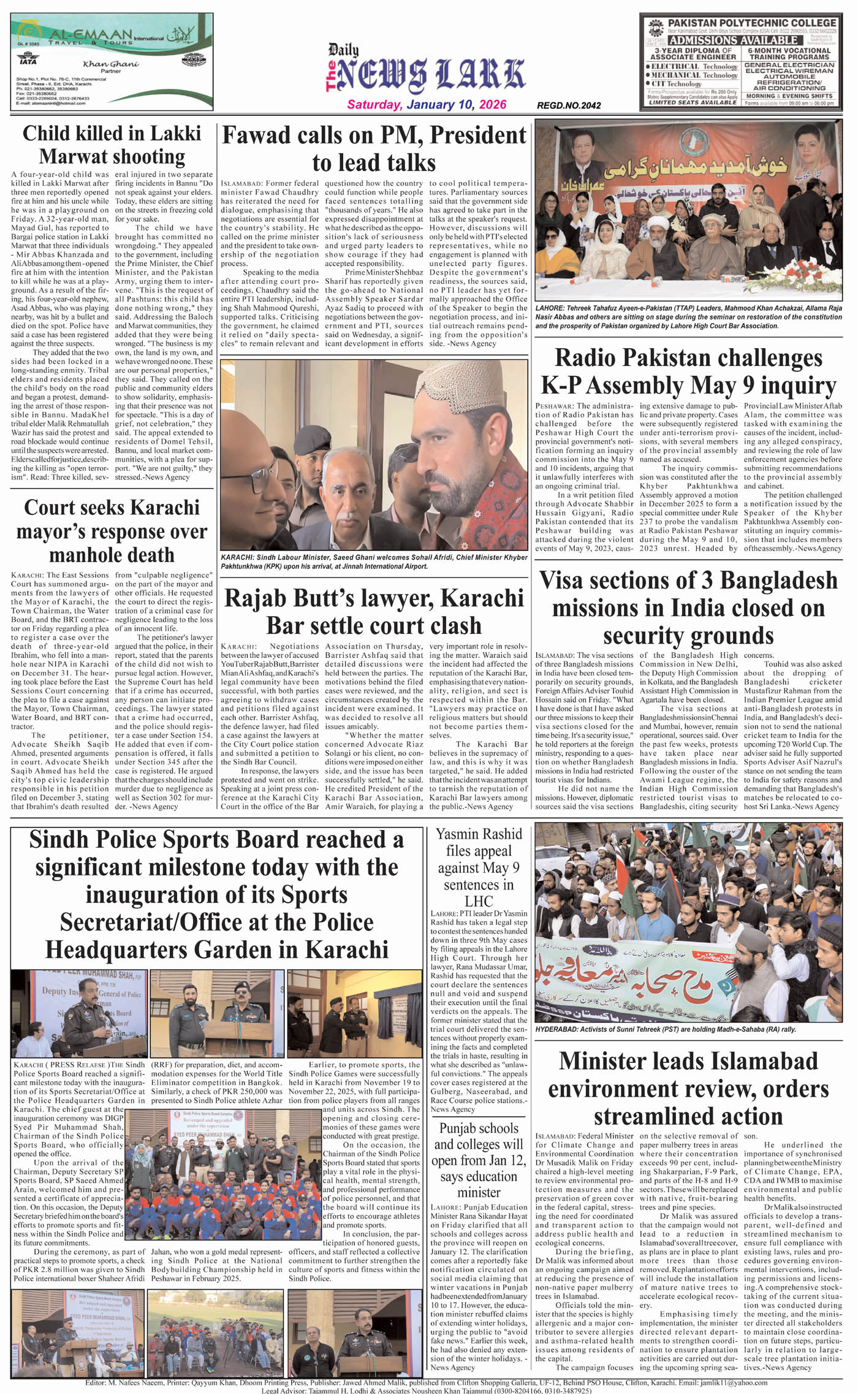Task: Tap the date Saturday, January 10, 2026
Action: (x=427, y=105)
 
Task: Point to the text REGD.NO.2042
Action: (x=568, y=105)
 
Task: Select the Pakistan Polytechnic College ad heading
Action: (x=751, y=23)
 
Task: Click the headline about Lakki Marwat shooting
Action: (x=112, y=145)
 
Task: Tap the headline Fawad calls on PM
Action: (x=374, y=148)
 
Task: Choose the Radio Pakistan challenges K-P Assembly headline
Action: (x=688, y=372)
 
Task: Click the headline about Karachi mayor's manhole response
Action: (x=112, y=531)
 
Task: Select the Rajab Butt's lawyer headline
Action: (x=374, y=612)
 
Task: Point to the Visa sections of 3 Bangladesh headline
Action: (x=688, y=607)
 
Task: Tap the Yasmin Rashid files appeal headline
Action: (x=479, y=867)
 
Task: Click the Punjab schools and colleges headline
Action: (x=479, y=1160)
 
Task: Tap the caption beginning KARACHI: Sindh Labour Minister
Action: (x=374, y=562)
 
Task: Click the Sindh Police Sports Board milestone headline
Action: (x=216, y=894)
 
